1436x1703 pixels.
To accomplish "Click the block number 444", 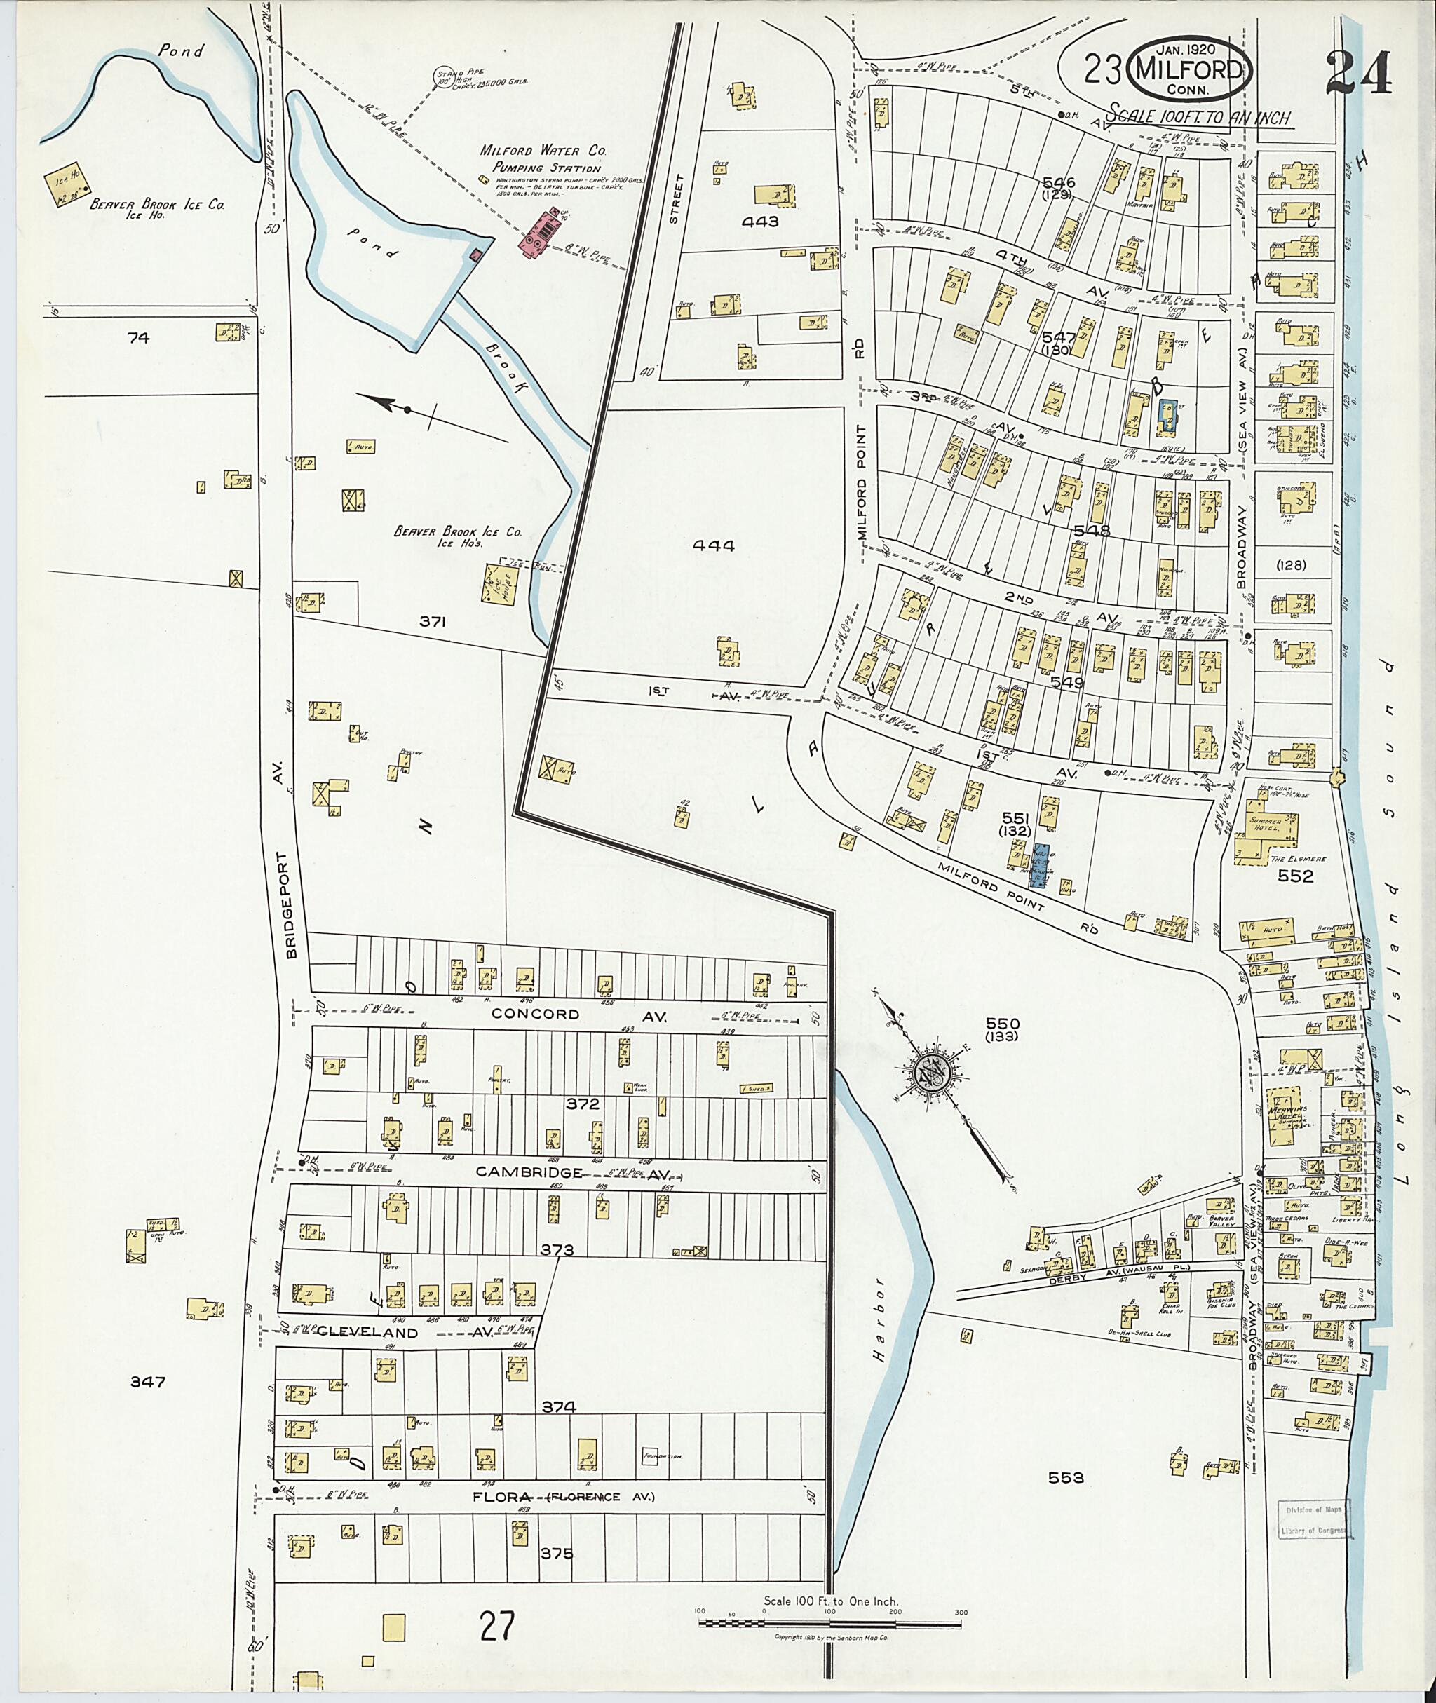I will (x=713, y=545).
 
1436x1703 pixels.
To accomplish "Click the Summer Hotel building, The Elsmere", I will (x=1269, y=830).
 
